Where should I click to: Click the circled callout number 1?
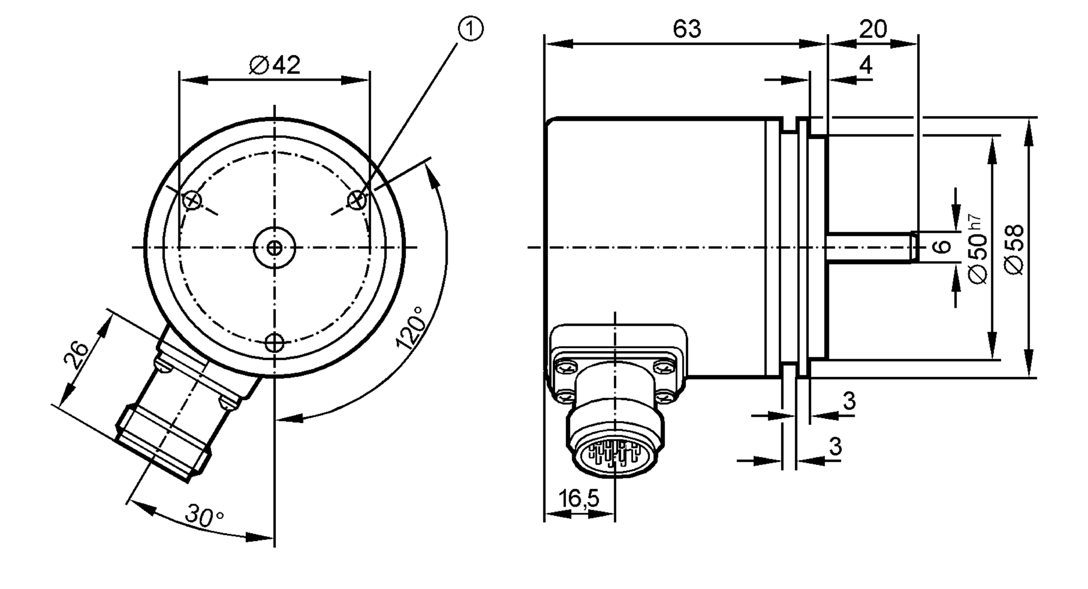pyautogui.click(x=471, y=29)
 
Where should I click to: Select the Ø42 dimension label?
pyautogui.click(x=275, y=65)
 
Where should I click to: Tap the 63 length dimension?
pyautogui.click(x=687, y=29)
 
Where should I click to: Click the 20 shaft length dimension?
pyautogui.click(x=873, y=29)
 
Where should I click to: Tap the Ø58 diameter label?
pyautogui.click(x=1014, y=249)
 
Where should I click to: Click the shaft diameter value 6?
pyautogui.click(x=942, y=246)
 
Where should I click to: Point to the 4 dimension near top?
pyautogui.click(x=866, y=65)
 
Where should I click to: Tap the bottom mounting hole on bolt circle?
pyautogui.click(x=275, y=343)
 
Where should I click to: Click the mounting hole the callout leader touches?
pyautogui.click(x=357, y=200)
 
